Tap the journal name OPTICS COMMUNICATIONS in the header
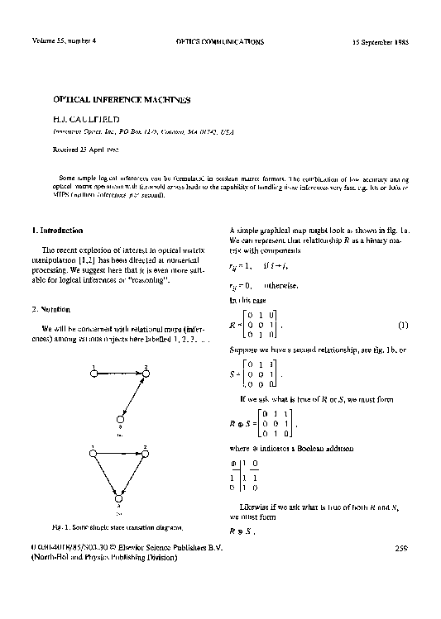tap(220, 40)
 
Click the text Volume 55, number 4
tap(65, 40)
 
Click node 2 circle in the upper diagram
tap(146, 374)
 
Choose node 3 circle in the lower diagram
tap(119, 499)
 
